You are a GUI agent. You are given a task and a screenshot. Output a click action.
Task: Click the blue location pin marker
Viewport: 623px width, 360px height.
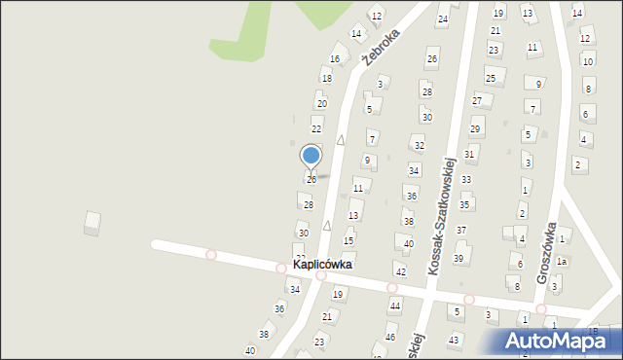[x=311, y=156]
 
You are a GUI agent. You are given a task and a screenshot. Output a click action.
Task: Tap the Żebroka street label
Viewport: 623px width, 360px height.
[x=382, y=45]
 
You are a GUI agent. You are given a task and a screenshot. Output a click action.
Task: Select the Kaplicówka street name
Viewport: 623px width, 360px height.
[x=323, y=264]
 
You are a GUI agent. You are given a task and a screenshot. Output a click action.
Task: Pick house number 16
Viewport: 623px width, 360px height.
[x=335, y=59]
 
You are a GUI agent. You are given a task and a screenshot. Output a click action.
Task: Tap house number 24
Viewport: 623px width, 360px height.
[x=443, y=19]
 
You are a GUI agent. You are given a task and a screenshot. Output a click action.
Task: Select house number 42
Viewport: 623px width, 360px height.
[x=400, y=270]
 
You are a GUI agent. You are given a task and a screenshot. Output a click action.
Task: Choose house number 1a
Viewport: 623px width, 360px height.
[x=562, y=262]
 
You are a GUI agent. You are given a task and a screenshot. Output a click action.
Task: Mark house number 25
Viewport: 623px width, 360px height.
[x=491, y=78]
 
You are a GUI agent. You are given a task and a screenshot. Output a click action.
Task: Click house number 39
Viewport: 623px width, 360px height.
[x=458, y=258]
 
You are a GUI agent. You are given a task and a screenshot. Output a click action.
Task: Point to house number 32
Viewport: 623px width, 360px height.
[x=420, y=146]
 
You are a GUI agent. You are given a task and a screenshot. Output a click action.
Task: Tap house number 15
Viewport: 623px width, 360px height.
[x=348, y=240]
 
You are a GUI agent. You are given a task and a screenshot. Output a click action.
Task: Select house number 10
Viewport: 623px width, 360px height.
[x=587, y=61]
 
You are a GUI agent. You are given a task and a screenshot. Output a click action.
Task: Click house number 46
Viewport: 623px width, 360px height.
[x=390, y=338]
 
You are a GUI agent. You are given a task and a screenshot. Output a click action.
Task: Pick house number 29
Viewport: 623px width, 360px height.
[x=475, y=129]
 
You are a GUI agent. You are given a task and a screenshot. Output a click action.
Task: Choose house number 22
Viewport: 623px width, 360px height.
[x=316, y=128]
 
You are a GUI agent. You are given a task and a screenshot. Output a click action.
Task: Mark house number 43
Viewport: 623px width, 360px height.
[x=454, y=340]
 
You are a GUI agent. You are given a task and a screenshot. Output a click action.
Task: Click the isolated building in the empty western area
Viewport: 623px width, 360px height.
[x=92, y=223]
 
